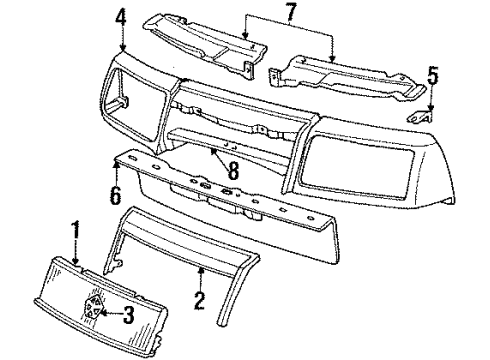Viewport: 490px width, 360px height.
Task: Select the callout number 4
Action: [121, 17]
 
